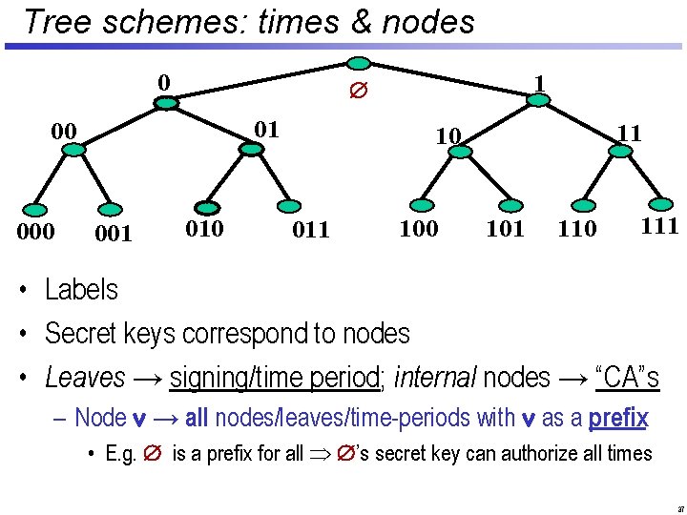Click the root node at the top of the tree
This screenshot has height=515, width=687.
[358, 64]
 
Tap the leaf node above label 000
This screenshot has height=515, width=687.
[35, 209]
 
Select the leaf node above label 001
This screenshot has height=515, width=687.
[113, 209]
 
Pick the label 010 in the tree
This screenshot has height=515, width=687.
[204, 229]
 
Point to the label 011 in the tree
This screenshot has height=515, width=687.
[311, 230]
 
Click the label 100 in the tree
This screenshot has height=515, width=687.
[419, 228]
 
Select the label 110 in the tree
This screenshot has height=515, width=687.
[577, 229]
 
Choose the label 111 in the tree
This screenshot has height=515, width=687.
[659, 226]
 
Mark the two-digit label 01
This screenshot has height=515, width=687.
[267, 129]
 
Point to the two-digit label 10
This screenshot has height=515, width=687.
[448, 137]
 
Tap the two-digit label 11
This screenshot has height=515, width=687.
[629, 134]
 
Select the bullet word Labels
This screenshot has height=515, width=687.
[81, 290]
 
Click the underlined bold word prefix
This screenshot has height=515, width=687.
[618, 418]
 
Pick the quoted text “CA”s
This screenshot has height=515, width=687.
[627, 378]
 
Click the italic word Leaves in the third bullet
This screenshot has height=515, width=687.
[85, 378]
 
